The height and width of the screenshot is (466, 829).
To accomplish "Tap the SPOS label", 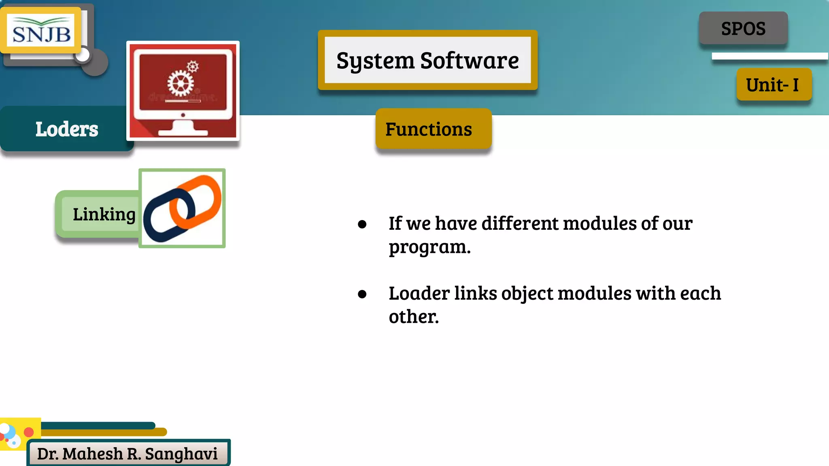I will pos(743,28).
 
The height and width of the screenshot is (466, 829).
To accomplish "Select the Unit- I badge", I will pos(773,85).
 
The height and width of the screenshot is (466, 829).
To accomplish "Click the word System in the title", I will pos(375,61).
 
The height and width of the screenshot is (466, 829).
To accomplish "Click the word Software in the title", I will pos(470,61).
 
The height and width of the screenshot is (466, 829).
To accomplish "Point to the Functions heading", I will pos(429,129).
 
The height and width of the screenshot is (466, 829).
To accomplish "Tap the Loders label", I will pos(67,129).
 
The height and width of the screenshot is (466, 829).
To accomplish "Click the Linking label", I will pos(104,214).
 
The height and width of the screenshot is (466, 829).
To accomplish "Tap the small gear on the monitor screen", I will pos(193,66).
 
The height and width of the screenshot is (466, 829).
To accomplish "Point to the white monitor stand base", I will pos(183,132).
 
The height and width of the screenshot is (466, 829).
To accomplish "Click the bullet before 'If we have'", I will pos(362,224).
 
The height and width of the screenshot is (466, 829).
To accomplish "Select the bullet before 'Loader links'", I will pos(362,294).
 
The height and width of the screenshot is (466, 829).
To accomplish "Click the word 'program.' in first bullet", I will pos(430,247).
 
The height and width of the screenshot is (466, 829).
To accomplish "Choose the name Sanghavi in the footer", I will pos(181,454).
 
